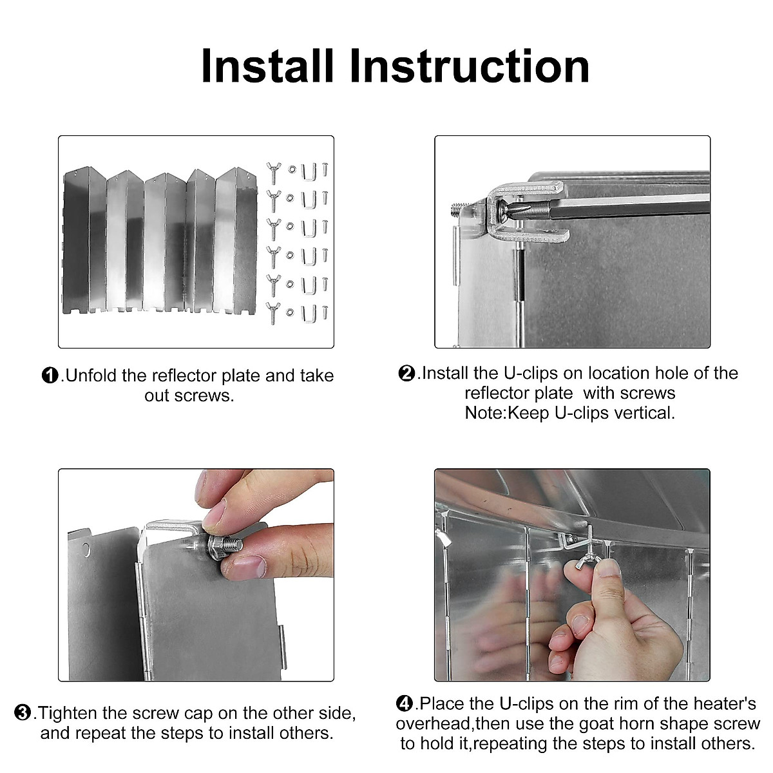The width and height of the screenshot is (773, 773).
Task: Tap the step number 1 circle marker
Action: point(50,376)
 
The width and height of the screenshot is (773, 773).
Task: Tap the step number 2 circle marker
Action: point(407,373)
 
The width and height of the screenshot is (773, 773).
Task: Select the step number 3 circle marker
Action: point(23,713)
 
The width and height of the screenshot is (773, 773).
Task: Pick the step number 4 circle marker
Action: point(405,703)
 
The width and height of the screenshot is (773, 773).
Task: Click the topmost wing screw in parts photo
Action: point(272,171)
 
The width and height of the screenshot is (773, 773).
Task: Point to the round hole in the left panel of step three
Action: point(85,549)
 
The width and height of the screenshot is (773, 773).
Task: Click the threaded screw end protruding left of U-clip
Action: point(458,208)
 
